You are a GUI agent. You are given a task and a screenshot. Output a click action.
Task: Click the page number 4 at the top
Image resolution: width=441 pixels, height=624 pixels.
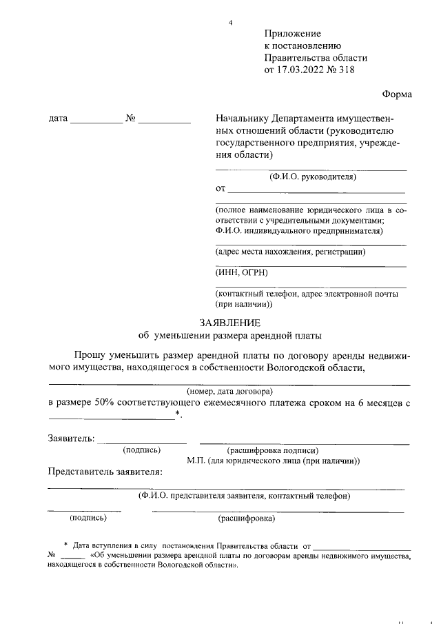tap(231, 23)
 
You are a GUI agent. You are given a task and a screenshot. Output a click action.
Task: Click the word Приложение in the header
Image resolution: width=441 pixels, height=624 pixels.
tap(293, 33)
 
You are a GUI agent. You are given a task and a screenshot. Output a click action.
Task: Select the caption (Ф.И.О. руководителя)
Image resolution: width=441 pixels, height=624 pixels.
tap(312, 177)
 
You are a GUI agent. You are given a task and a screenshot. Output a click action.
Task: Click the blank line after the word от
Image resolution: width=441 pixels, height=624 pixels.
tap(316, 190)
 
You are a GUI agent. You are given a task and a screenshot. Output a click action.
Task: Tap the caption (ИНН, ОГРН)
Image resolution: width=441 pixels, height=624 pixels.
tap(241, 272)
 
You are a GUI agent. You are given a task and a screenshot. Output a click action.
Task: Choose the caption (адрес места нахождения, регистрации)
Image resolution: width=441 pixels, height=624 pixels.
tap(290, 252)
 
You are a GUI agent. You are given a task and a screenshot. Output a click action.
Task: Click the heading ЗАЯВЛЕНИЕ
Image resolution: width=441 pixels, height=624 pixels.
tap(230, 322)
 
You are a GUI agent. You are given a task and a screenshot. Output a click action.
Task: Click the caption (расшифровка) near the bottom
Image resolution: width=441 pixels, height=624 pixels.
tap(246, 517)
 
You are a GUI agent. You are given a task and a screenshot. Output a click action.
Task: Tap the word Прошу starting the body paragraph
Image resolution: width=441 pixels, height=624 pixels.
tap(90, 355)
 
